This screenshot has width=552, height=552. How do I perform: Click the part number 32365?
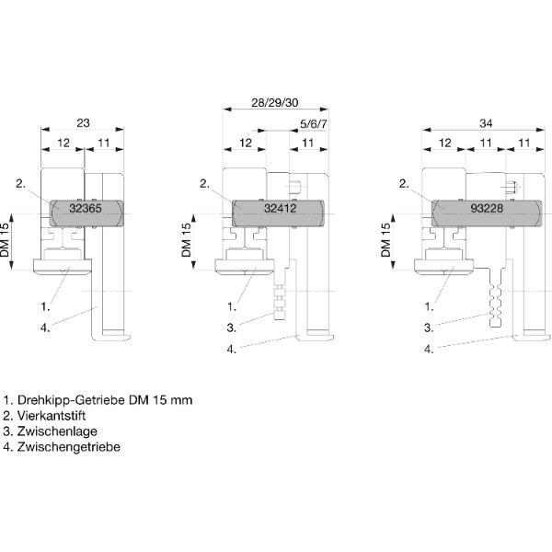(86, 208)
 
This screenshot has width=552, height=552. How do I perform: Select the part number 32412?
(281, 208)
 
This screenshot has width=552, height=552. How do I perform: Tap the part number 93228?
(487, 208)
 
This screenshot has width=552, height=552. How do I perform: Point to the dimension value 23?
(83, 123)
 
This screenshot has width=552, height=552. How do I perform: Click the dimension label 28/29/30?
(274, 103)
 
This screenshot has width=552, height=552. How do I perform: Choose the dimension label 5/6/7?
(313, 124)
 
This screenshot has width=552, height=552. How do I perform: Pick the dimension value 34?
(486, 123)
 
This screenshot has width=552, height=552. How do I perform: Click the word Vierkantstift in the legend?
(52, 416)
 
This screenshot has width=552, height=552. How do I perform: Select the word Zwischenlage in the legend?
(57, 431)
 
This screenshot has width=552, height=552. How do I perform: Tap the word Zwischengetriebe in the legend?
(69, 447)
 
